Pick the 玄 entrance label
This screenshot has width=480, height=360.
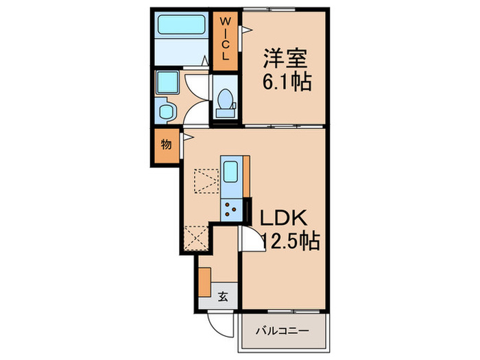click(x=223, y=297)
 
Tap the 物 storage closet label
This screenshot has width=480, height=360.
click(x=166, y=145)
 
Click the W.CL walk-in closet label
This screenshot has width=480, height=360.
click(x=224, y=40)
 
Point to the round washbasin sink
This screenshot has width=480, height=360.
click(x=164, y=110)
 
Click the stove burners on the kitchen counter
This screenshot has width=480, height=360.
click(x=230, y=207)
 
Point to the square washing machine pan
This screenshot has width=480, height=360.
click(x=167, y=83)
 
